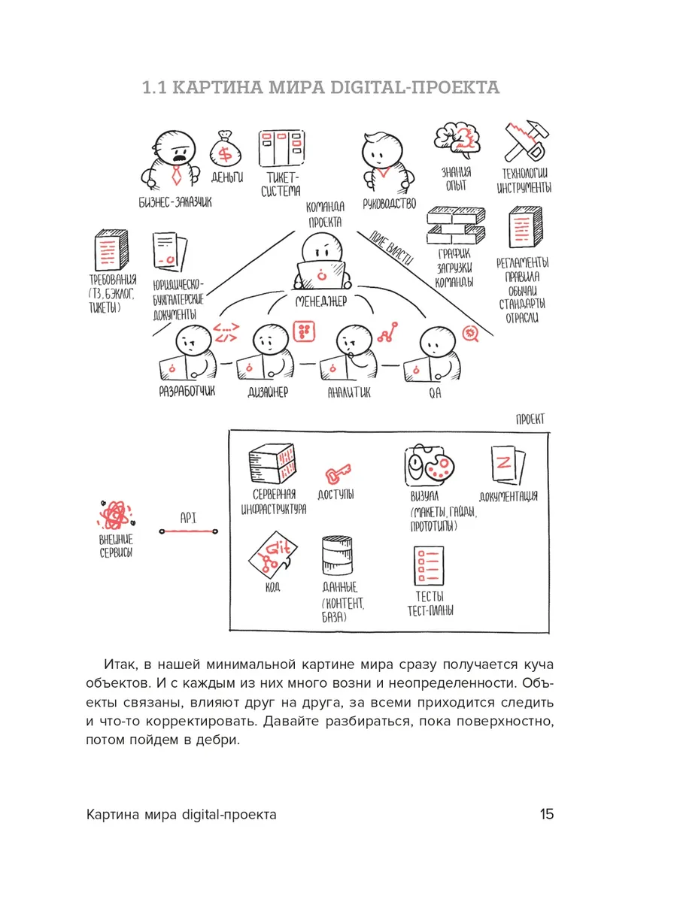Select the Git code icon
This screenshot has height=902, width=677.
[x=273, y=555]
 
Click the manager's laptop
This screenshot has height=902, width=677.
[x=322, y=275]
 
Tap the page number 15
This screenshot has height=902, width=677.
[x=547, y=813]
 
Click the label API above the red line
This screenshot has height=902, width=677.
[x=188, y=518]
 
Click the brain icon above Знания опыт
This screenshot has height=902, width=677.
[x=457, y=140]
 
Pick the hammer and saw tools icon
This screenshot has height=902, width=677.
[x=526, y=141]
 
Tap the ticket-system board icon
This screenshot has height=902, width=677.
[x=281, y=149]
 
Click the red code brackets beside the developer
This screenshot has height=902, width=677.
[x=226, y=333]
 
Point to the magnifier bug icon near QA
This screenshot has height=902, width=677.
[x=471, y=333]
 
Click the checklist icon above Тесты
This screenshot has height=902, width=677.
[x=429, y=565]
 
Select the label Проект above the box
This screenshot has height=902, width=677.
[x=530, y=419]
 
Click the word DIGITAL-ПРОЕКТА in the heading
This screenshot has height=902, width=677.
[x=415, y=87]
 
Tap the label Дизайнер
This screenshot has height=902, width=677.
[x=268, y=392]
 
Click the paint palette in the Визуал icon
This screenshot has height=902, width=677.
[x=439, y=467]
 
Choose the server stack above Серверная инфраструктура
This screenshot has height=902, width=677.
[x=272, y=463]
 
